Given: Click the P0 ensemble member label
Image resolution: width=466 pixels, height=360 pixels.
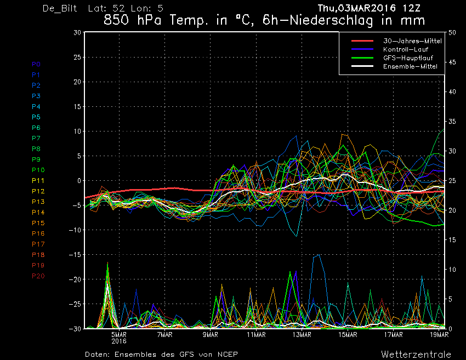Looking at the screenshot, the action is tap(36, 64).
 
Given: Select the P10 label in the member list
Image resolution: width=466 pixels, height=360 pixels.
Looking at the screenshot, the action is tap(38, 170).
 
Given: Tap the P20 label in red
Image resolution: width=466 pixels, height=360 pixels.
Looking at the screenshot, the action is tap(38, 276).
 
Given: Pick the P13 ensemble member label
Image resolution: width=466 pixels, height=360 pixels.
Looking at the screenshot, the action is tap(38, 202).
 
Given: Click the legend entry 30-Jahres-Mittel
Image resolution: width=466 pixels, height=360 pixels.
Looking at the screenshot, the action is tap(412, 41).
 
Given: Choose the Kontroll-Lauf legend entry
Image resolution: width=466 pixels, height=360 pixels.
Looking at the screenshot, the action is tap(406, 49).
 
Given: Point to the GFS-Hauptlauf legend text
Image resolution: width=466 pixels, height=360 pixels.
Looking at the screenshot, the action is tap(408, 58).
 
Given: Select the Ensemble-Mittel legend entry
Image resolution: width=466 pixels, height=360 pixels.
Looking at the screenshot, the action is tap(410, 66).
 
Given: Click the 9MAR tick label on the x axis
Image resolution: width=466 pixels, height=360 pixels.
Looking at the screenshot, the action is tap(211, 335).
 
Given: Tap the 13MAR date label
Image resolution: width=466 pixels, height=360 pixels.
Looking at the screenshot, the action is tap(302, 335).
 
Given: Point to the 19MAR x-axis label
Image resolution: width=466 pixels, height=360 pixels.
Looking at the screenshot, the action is tap(439, 335).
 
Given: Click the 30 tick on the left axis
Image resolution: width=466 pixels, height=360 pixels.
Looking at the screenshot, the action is tap(77, 32).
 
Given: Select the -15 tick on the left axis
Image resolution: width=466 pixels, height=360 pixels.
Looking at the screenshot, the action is tap(75, 255).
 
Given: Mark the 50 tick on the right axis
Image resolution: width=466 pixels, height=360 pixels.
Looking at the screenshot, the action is tap(452, 32).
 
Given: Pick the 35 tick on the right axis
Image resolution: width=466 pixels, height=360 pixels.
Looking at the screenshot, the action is tap(452, 122).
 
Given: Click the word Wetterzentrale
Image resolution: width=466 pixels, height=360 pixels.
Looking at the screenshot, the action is tap(416, 355).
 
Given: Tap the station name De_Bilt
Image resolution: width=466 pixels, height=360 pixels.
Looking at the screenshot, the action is tap(60, 8).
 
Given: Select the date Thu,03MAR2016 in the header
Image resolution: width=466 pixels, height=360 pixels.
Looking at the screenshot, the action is tap(357, 8).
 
